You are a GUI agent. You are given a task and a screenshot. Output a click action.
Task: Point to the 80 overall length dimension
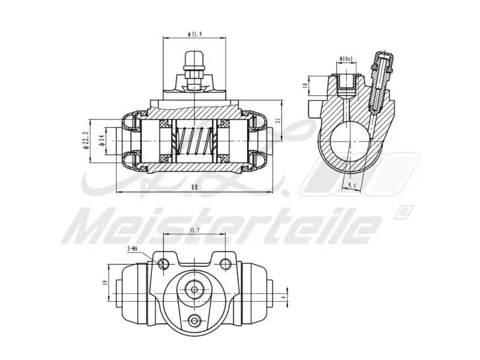[x=194, y=187]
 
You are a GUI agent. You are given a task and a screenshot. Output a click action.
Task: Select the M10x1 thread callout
[x=346, y=59]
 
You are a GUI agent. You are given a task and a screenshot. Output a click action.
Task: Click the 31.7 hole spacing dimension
[x=194, y=230]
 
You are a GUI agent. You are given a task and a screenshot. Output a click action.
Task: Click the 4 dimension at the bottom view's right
[x=283, y=296]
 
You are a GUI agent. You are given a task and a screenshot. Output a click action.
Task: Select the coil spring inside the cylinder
[x=193, y=146]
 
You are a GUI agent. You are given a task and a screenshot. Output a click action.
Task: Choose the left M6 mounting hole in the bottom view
[x=163, y=263]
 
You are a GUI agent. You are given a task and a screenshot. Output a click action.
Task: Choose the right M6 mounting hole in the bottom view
[x=225, y=263]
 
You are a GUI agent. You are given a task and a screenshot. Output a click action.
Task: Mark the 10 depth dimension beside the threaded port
[x=305, y=85]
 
